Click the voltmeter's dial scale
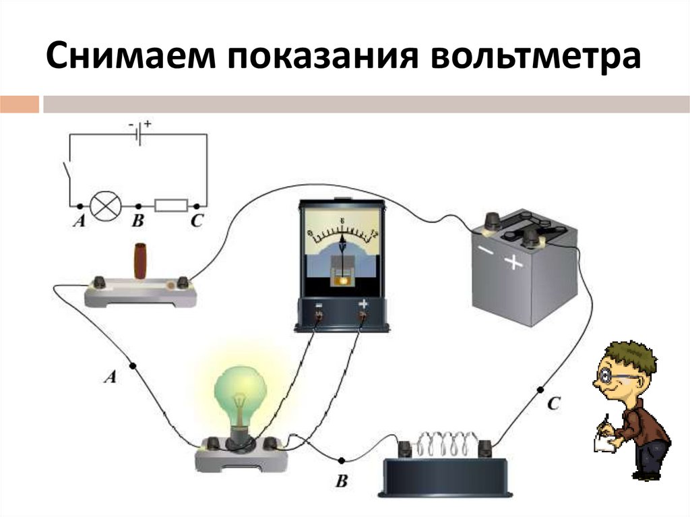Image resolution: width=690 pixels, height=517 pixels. (x=342, y=236)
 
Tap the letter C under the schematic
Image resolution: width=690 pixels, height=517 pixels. (x=196, y=222)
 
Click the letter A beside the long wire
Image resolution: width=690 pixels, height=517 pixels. (x=111, y=378)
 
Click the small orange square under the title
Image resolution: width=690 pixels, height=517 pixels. (x=20, y=104)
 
